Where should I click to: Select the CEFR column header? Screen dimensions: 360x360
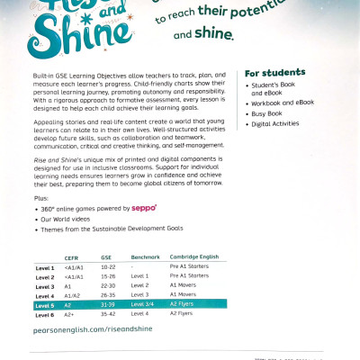71,256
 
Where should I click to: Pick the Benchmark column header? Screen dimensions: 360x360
145,256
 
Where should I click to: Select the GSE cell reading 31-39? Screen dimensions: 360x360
109,304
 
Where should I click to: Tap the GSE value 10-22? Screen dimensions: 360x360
109,267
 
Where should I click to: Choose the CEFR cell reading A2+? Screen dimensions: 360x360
69,313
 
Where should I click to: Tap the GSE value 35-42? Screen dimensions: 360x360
109,313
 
